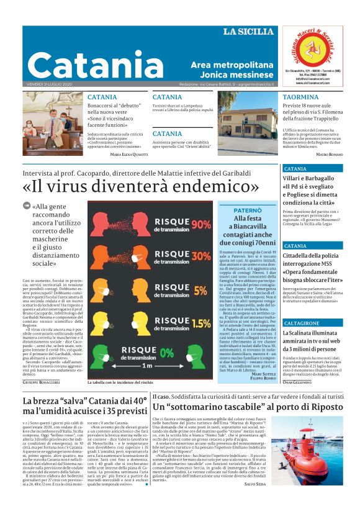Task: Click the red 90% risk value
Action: (201, 224)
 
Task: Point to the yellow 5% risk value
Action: (200, 290)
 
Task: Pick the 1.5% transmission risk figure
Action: (200, 323)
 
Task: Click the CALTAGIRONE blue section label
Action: (302, 323)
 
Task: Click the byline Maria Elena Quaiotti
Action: (128, 153)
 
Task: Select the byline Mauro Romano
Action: (328, 153)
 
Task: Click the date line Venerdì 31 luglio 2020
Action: (50, 84)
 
